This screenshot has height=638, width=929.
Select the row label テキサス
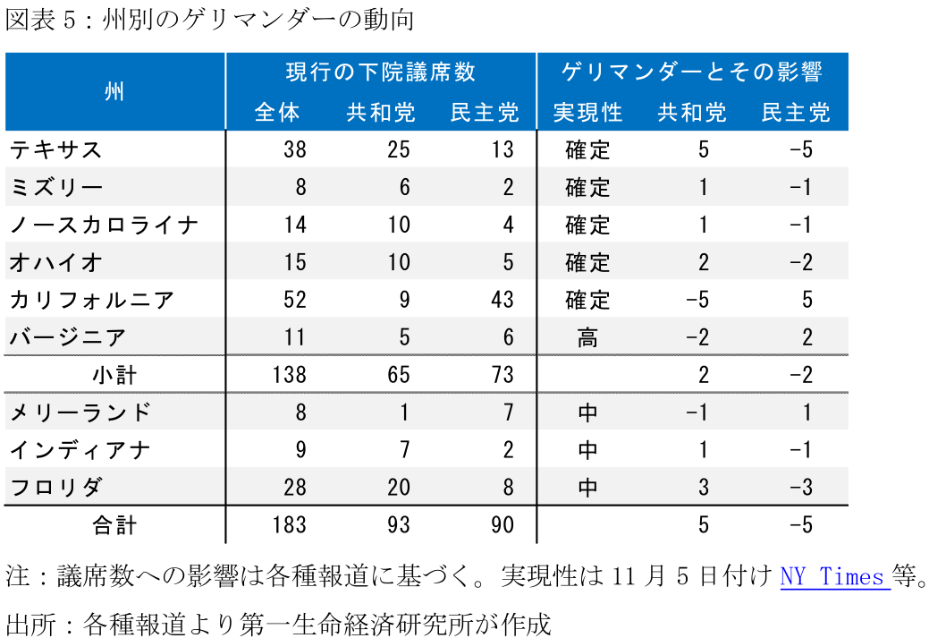[55, 149]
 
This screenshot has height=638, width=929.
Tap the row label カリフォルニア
[91, 300]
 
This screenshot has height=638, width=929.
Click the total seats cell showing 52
[295, 300]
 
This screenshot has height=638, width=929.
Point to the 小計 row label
[114, 375]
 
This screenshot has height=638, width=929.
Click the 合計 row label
[114, 525]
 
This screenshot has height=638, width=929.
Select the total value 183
[289, 525]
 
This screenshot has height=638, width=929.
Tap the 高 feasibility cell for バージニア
[587, 337]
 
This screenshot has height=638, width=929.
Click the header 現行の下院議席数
[380, 72]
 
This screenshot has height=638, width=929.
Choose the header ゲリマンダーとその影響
[692, 72]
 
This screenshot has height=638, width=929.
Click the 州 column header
[114, 91]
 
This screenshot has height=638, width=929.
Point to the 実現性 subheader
[587, 113]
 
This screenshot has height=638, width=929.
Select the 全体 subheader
[277, 113]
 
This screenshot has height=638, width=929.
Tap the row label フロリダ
[55, 488]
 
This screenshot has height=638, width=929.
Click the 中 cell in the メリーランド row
[587, 413]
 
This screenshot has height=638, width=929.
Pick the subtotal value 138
[289, 375]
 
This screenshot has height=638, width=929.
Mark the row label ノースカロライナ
[103, 225]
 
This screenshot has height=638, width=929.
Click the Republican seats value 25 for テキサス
[399, 149]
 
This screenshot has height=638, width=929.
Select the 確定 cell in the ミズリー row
[587, 187]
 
